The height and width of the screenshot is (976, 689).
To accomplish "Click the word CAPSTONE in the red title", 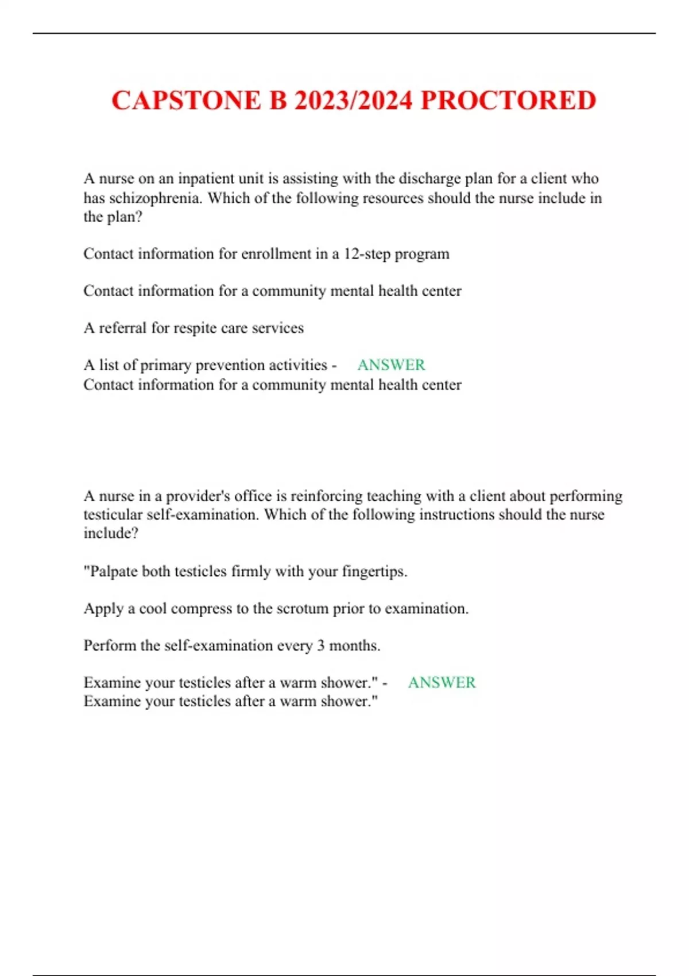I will tap(186, 100).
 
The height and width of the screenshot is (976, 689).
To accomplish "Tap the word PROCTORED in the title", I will tap(509, 100).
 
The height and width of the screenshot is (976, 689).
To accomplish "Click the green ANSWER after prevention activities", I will tap(391, 365).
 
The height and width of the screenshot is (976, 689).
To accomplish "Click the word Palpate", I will tap(114, 572).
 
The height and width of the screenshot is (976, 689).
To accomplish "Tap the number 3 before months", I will tap(320, 646).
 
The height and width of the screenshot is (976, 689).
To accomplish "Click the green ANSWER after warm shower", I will tap(442, 683).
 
